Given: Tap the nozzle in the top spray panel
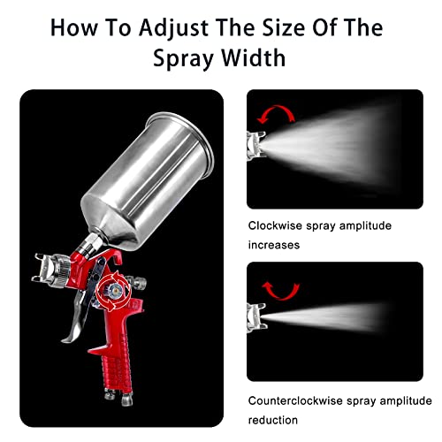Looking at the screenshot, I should pos(255,139).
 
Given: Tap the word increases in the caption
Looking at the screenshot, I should pos(274,245).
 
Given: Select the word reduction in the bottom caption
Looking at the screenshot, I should pos(273,419).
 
